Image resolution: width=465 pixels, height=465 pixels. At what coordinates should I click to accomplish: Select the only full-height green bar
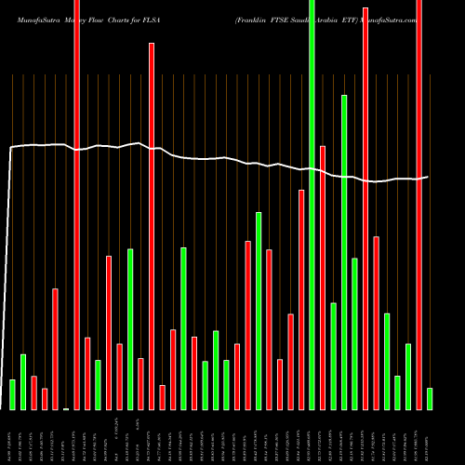coord(312,205)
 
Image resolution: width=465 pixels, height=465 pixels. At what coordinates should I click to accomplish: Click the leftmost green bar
coord(12,394)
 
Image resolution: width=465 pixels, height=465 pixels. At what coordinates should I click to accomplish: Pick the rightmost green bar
coord(430,399)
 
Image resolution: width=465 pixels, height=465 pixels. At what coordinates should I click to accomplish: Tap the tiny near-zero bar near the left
coord(66,408)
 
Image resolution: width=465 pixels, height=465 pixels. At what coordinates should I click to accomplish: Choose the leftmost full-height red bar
coord(76,205)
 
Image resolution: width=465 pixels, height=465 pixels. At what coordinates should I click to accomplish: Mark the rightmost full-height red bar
coord(418,205)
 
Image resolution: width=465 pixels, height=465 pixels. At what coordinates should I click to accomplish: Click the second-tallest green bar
coord(344,252)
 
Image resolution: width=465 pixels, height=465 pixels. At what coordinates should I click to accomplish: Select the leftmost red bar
coord(33,392)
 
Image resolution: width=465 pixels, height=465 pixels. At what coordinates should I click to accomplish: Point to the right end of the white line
coord(428,177)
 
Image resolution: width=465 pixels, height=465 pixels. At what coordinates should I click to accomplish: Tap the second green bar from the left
coord(23,382)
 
